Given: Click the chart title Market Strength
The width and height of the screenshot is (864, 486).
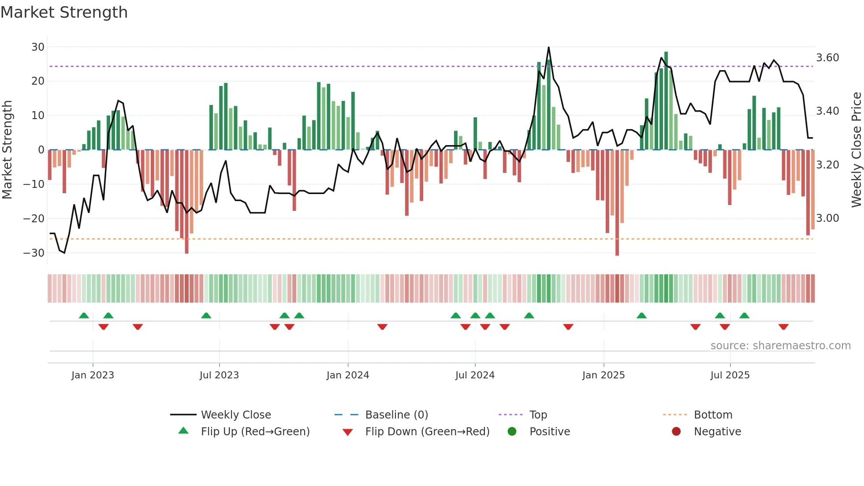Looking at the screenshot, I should [64, 12].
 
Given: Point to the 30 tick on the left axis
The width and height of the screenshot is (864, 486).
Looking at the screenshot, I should [38, 47].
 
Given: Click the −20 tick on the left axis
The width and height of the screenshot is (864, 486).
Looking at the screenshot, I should [34, 219].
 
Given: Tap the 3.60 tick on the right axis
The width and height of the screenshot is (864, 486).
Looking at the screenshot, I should [827, 58].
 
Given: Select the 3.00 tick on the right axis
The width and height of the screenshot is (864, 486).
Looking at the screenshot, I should [827, 218].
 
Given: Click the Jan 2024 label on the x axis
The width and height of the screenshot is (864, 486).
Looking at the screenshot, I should [347, 375].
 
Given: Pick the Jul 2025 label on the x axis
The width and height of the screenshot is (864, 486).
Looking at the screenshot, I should [730, 375].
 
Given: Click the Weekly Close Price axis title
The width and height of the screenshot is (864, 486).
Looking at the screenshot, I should [856, 150].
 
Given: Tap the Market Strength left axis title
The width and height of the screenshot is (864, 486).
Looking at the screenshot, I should [7, 150].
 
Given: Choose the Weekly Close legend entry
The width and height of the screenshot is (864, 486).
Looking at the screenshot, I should [236, 415].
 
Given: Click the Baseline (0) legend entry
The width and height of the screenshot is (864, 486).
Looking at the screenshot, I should [396, 415].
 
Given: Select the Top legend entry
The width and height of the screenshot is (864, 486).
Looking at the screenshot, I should [538, 415].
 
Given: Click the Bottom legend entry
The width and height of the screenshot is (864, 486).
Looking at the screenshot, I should [713, 415].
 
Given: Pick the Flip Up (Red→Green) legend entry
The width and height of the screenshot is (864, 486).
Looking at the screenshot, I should [255, 432].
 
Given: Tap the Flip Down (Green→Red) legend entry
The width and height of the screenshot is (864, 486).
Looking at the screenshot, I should [427, 432].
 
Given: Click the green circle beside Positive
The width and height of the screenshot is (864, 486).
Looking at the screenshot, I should [512, 431].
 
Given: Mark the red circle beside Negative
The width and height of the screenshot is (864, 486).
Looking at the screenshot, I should [676, 431].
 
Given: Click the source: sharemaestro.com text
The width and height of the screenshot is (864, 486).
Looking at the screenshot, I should [780, 346].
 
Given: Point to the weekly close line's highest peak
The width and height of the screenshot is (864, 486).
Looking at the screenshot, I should [548, 47].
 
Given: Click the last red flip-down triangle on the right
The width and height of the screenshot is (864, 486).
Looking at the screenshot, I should [783, 327].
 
